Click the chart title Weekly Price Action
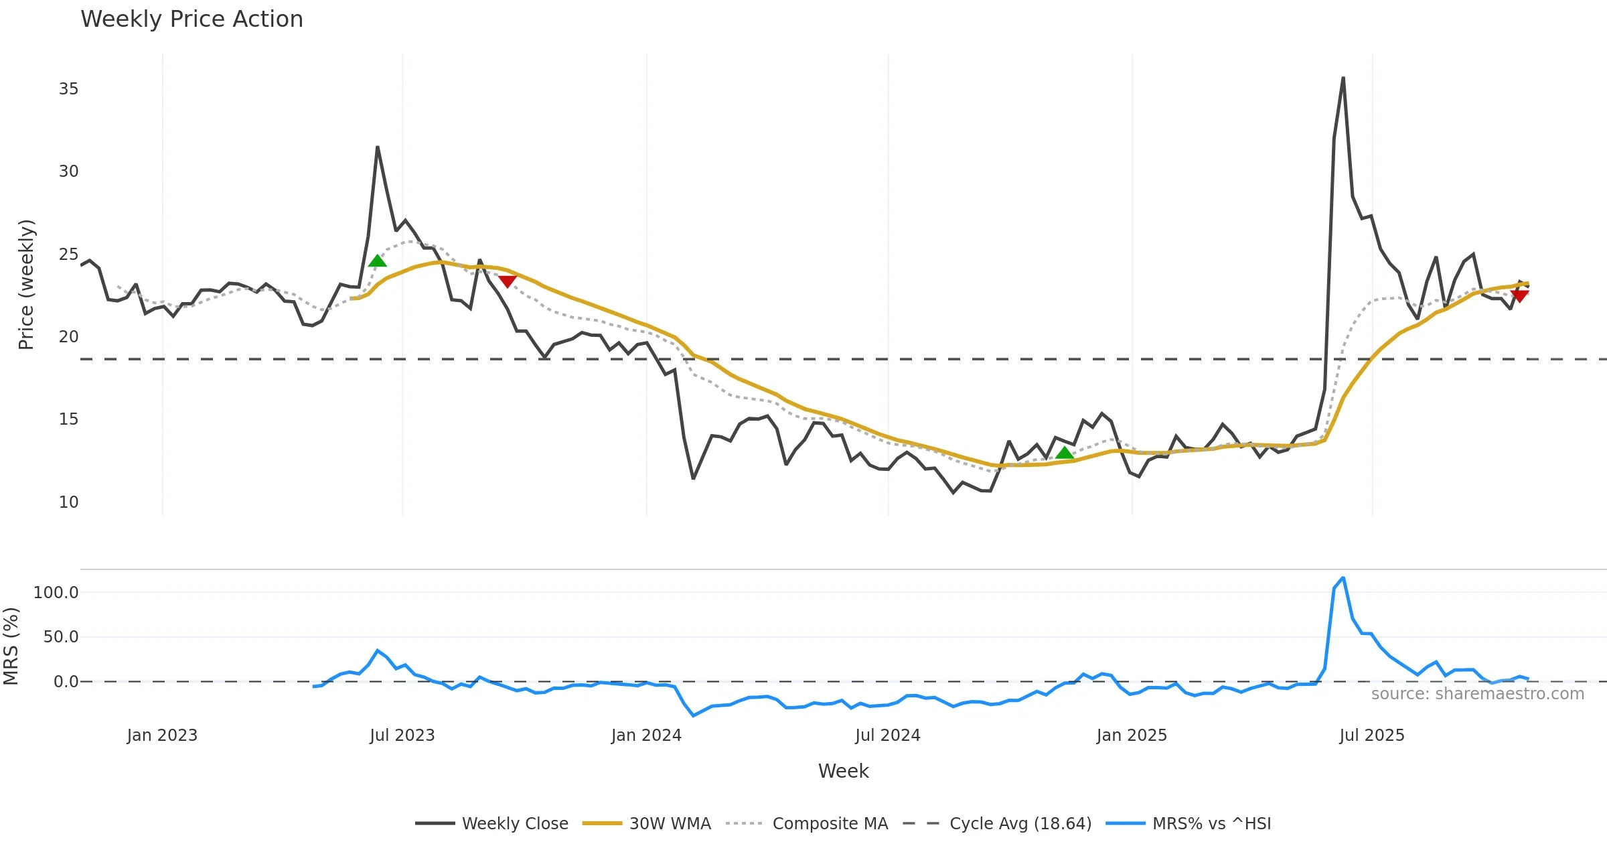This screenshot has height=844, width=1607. (x=192, y=19)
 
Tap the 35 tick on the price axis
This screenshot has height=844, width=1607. (x=68, y=89)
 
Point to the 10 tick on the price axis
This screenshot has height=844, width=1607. (x=68, y=502)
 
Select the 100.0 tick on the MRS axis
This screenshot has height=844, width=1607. (x=56, y=593)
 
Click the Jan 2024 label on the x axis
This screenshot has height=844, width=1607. (x=646, y=735)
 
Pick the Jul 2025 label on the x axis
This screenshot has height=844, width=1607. (x=1371, y=735)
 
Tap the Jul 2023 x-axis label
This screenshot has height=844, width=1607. (x=402, y=735)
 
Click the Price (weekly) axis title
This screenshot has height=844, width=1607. (x=26, y=285)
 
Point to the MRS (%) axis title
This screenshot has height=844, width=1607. (x=11, y=646)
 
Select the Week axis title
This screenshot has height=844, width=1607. (x=843, y=771)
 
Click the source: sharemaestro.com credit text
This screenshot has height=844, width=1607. (x=1477, y=694)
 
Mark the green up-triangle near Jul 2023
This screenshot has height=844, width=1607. (x=377, y=261)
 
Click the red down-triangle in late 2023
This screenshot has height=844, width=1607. (x=508, y=281)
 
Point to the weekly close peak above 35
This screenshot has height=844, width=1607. (x=1343, y=78)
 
